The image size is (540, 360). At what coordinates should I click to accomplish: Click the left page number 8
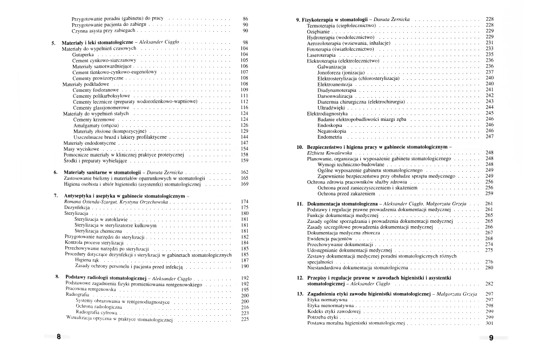coord(58,337)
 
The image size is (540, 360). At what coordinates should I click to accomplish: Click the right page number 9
coord(491,338)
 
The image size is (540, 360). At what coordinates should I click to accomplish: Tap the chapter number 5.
coord(53,42)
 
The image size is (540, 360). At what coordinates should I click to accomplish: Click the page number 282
coord(489,283)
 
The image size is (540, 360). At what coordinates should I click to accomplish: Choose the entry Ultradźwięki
coord(332,107)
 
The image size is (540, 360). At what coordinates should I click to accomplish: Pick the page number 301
coord(489,323)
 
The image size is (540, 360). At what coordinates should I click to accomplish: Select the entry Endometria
coord(330,137)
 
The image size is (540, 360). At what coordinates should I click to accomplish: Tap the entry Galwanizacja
coord(332,66)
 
